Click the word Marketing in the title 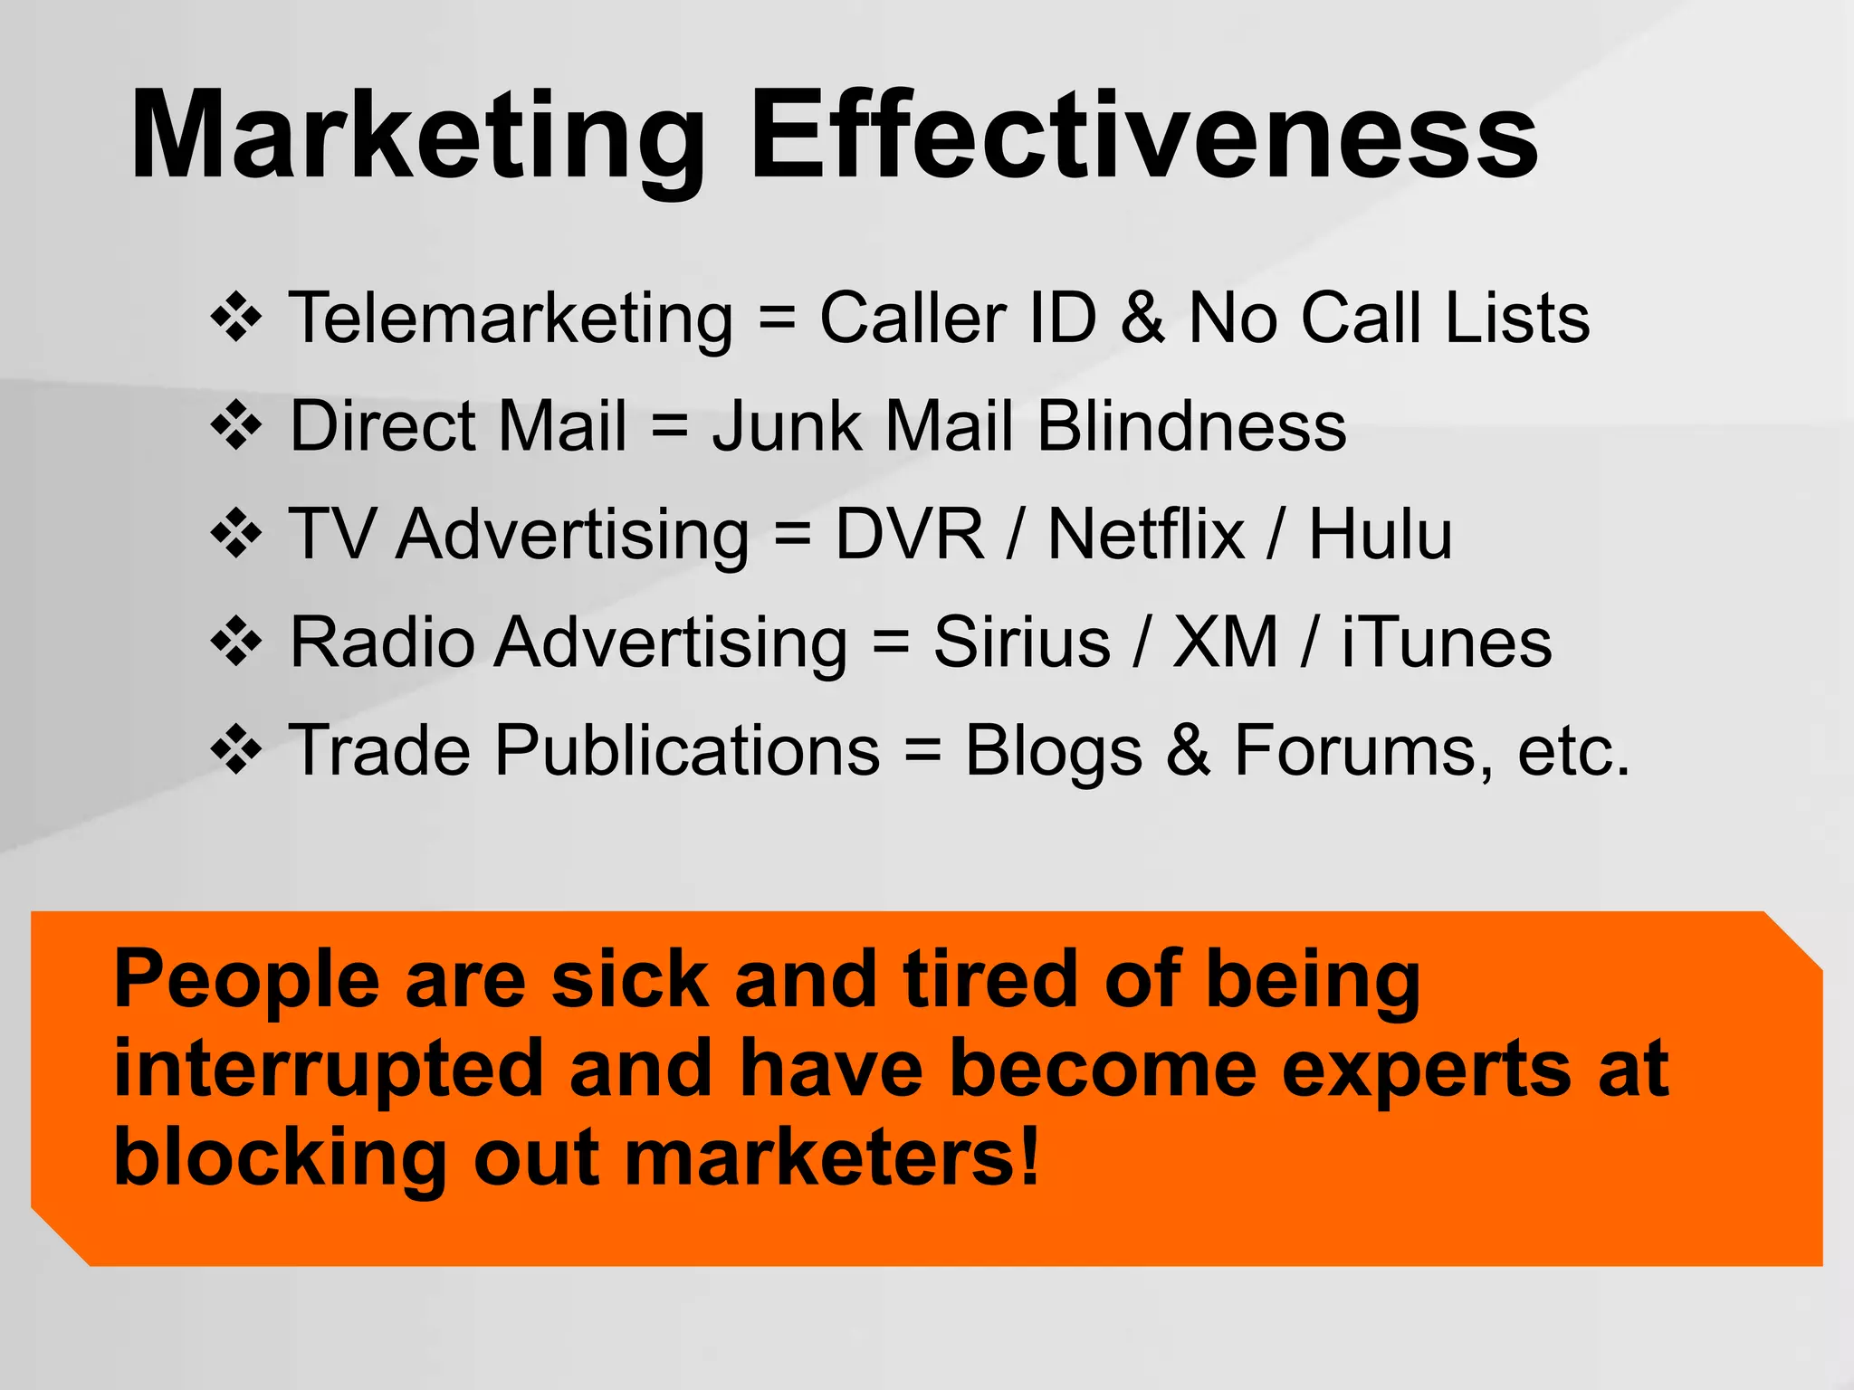point(416,138)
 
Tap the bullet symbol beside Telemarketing point(236,318)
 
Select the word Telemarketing point(511,319)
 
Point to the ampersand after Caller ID point(1142,318)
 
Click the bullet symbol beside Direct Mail point(236,425)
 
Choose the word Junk point(787,427)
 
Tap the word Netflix point(1145,534)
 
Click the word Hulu point(1381,534)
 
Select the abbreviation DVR point(909,534)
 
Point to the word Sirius point(1021,643)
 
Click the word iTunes point(1447,643)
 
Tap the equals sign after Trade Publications point(922,751)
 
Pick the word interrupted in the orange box point(328,1071)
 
